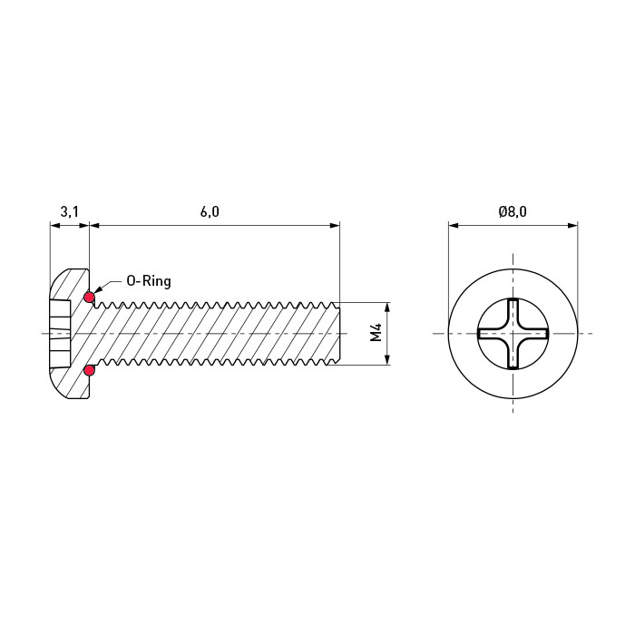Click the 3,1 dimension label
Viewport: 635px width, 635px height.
tap(69, 211)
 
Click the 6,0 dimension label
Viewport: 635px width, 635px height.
tap(210, 211)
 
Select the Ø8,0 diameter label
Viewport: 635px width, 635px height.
tap(513, 211)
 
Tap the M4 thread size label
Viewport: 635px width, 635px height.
tap(376, 332)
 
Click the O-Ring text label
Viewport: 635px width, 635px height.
tap(149, 281)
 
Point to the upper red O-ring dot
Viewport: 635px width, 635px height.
tap(89, 298)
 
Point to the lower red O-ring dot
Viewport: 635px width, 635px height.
tap(89, 370)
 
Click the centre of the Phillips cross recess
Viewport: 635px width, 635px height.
tap(513, 334)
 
